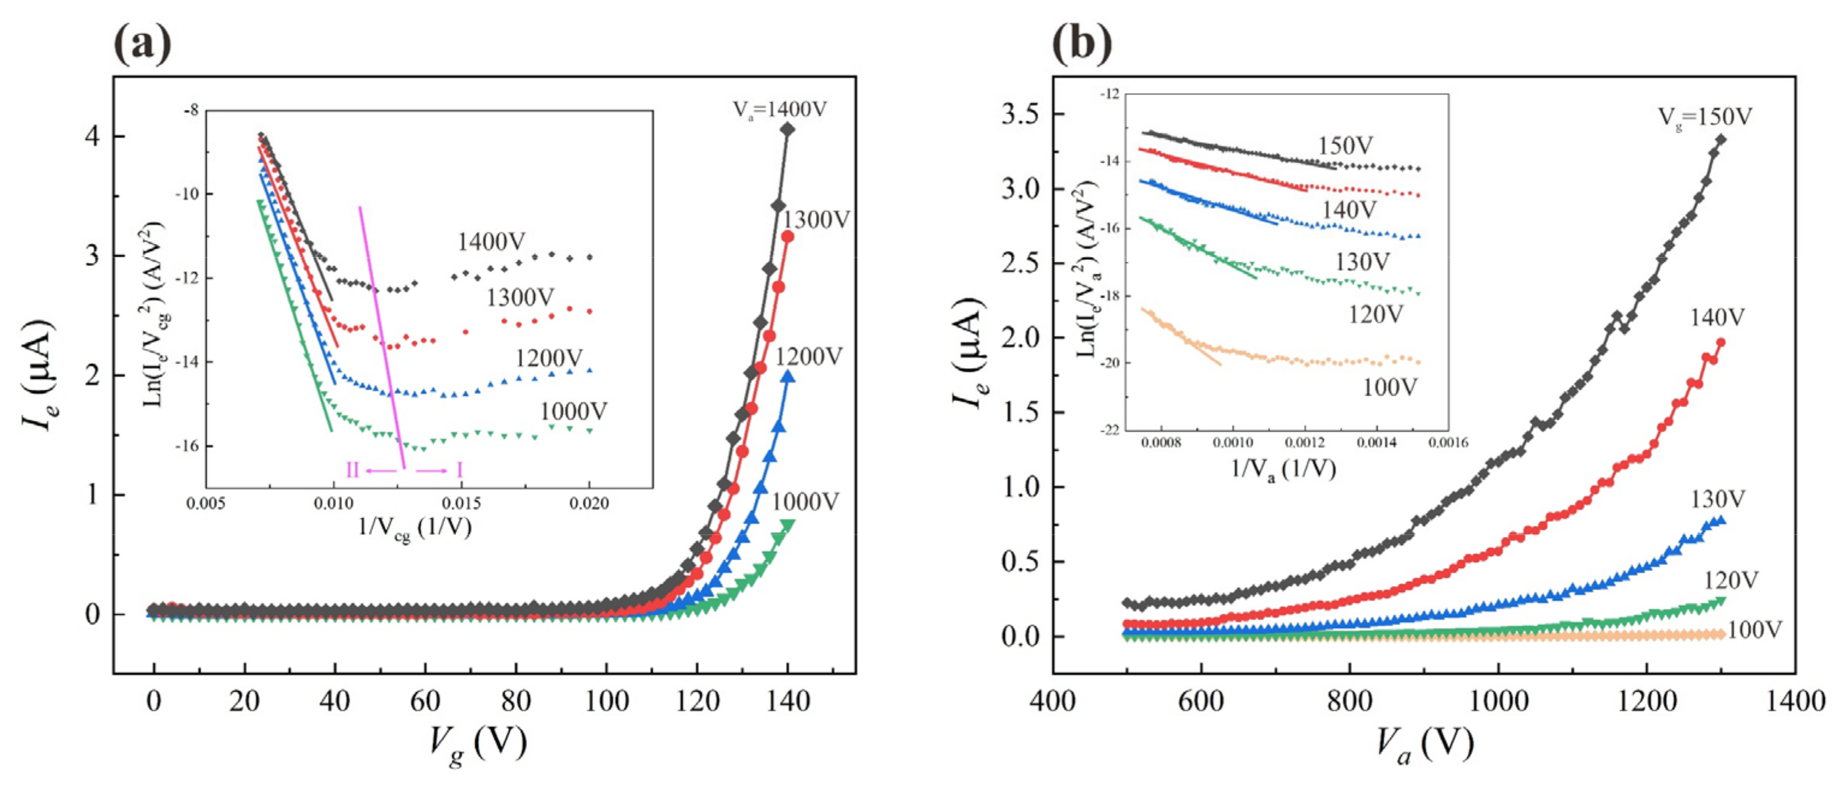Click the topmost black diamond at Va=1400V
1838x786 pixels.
click(x=787, y=129)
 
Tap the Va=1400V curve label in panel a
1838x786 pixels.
click(x=779, y=109)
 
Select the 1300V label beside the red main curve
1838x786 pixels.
click(x=817, y=220)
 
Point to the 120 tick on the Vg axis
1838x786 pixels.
click(x=697, y=702)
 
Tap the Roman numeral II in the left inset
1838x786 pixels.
click(x=353, y=470)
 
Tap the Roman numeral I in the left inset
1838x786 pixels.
click(x=460, y=470)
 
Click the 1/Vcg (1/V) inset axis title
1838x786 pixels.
click(x=415, y=528)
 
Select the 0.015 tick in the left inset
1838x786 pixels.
click(x=461, y=504)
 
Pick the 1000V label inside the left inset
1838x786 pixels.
click(x=573, y=411)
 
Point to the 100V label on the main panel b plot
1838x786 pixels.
click(x=1754, y=630)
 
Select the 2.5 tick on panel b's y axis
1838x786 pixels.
click(x=1021, y=264)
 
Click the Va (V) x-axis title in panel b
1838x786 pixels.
click(x=1423, y=745)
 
